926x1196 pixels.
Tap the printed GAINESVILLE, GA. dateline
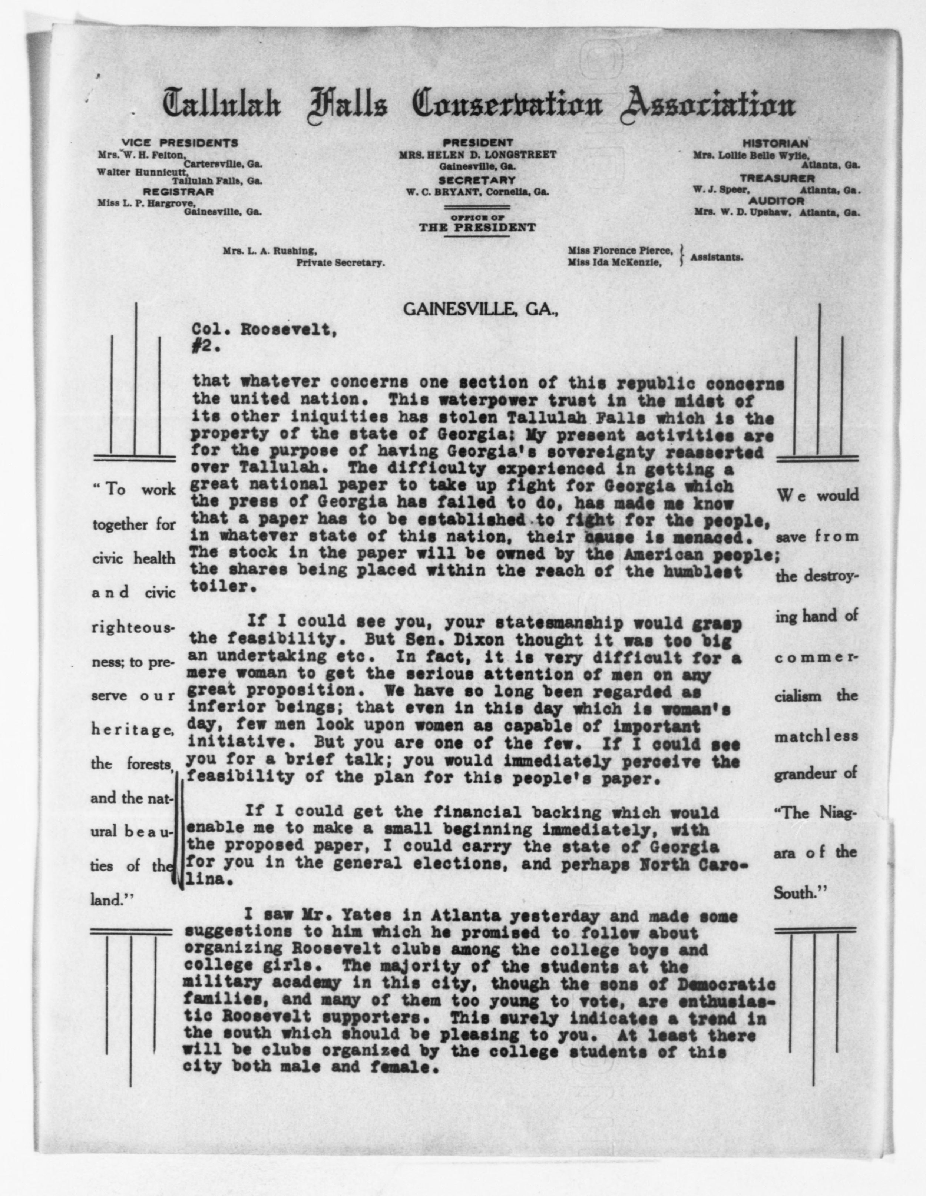pos(481,310)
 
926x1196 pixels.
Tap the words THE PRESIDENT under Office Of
pos(477,228)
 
